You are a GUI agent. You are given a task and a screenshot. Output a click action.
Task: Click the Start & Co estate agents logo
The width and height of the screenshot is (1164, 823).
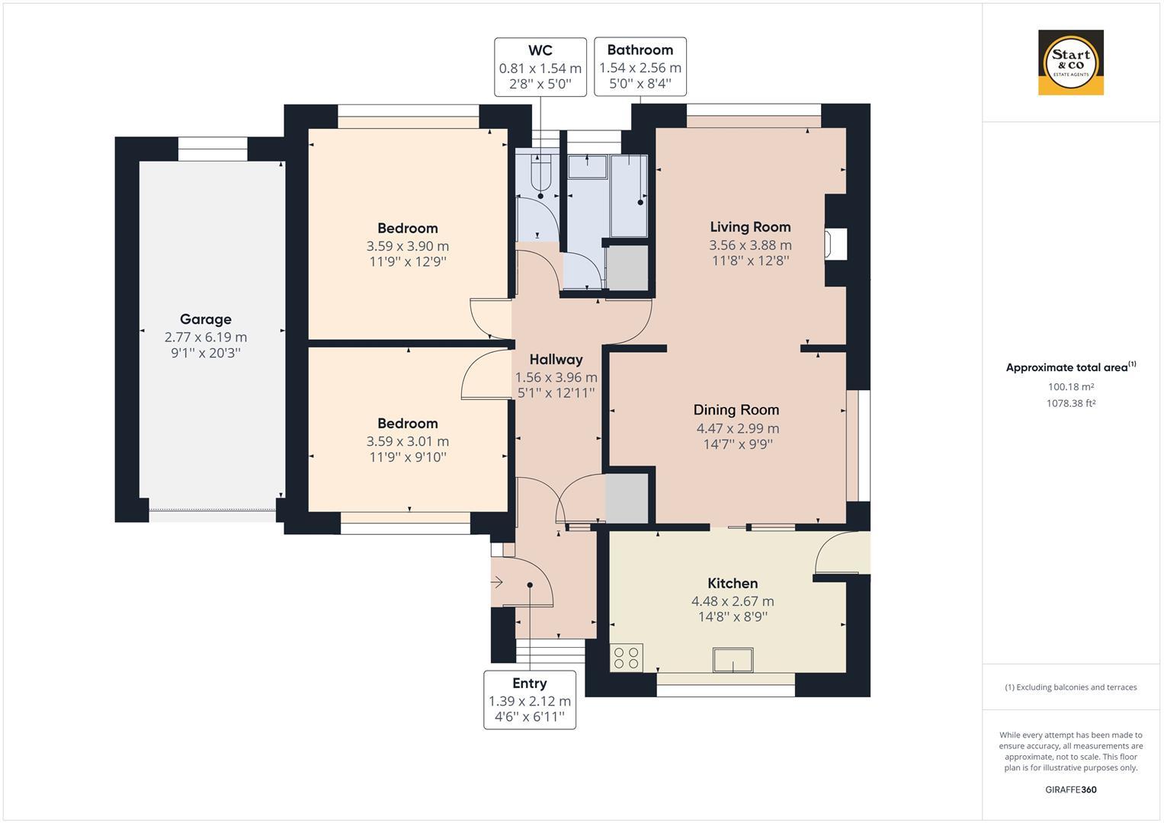click(1070, 62)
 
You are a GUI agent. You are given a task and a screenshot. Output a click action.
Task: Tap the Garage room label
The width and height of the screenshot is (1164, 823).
click(206, 319)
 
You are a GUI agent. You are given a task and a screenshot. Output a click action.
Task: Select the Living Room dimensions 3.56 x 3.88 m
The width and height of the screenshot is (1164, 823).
click(750, 245)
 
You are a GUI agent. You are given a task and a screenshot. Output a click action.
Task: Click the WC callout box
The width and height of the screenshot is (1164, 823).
click(540, 67)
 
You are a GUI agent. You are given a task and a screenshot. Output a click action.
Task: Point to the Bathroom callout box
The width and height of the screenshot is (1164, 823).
click(640, 66)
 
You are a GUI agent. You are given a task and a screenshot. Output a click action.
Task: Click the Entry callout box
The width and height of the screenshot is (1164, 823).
click(530, 700)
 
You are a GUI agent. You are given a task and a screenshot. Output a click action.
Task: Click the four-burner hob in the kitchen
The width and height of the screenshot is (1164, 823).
click(626, 658)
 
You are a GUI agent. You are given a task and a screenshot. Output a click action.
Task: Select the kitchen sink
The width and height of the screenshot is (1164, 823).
click(733, 660)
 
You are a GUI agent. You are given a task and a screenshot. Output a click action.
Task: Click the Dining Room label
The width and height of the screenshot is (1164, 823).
click(736, 410)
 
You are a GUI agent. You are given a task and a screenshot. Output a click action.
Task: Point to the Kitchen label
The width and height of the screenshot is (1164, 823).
click(733, 584)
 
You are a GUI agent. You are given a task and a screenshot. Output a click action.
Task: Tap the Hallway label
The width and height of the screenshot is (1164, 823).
click(556, 360)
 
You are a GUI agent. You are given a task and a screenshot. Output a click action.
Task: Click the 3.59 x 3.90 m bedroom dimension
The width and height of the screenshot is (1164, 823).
click(407, 246)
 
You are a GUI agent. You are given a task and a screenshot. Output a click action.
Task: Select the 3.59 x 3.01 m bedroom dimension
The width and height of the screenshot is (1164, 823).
click(407, 442)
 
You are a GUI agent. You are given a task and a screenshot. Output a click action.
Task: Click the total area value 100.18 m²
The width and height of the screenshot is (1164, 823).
click(1071, 386)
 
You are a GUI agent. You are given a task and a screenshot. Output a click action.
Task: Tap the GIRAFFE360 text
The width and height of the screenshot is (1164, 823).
click(1071, 789)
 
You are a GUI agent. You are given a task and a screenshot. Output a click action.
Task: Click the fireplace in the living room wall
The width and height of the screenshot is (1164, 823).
click(835, 244)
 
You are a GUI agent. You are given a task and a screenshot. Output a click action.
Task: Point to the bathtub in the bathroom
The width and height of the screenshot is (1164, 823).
click(629, 196)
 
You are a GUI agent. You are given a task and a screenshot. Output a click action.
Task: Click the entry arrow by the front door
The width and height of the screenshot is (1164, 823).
click(497, 582)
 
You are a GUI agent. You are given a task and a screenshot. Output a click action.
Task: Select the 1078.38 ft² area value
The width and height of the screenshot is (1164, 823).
click(1071, 402)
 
